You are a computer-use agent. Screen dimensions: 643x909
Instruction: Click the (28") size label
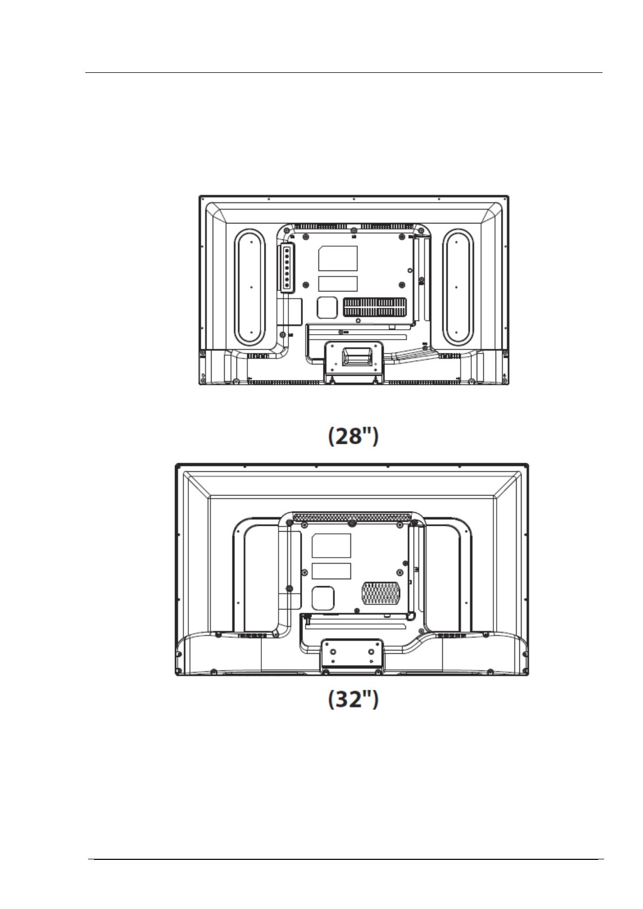(353, 436)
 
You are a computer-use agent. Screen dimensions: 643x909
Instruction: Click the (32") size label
(353, 699)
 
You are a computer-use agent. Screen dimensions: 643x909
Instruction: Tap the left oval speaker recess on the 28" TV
(250, 287)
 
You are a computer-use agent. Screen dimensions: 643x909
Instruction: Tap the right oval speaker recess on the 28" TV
(457, 287)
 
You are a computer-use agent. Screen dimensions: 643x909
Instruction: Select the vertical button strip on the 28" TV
(286, 267)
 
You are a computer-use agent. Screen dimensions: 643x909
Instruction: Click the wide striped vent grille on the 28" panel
(375, 307)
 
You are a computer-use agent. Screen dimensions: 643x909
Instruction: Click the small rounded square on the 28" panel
(327, 308)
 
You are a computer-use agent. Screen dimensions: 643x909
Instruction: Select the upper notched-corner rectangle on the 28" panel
(338, 258)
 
